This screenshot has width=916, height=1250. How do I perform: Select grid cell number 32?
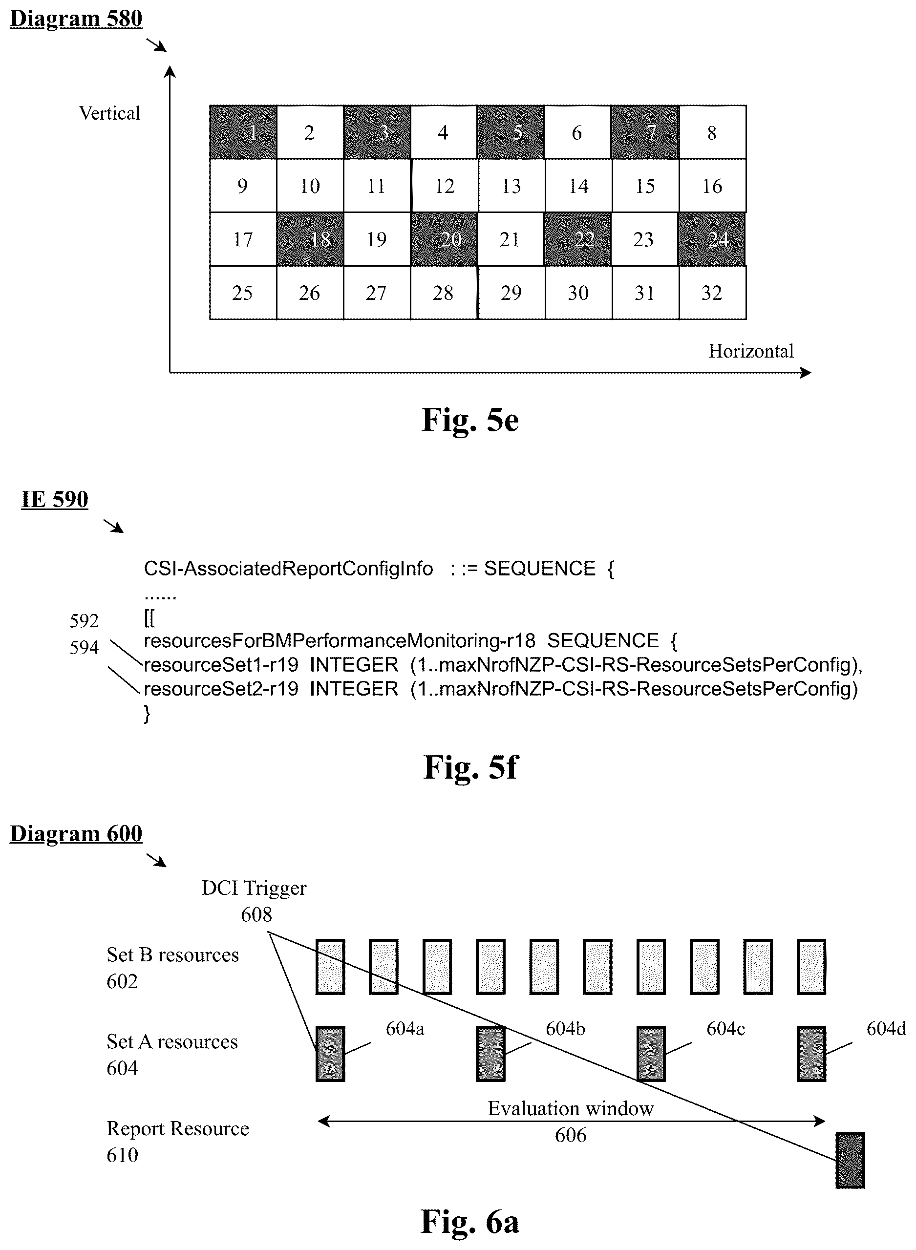point(712,293)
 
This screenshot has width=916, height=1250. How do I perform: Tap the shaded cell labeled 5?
point(511,132)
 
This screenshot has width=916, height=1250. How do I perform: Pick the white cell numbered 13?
point(511,186)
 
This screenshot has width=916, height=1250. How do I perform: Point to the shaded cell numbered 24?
point(711,239)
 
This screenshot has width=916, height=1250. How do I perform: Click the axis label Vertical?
point(110,113)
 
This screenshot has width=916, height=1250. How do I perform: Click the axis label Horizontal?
point(751,351)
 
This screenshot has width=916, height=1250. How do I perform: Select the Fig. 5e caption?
point(470,420)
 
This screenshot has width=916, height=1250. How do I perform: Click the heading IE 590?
point(55,499)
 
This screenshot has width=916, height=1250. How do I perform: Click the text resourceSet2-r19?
point(221,688)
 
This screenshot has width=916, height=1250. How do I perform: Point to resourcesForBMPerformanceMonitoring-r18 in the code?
point(340,641)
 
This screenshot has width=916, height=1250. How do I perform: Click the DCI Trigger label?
point(254,888)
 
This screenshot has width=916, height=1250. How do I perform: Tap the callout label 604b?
point(566,1028)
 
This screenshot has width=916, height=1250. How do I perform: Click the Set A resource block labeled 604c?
point(651,1054)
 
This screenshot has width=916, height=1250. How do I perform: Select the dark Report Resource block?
point(850,1160)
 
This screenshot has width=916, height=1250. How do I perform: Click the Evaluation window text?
point(571,1108)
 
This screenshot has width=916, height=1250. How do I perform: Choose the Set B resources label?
point(172,954)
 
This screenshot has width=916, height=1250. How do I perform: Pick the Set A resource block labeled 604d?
point(811,1054)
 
